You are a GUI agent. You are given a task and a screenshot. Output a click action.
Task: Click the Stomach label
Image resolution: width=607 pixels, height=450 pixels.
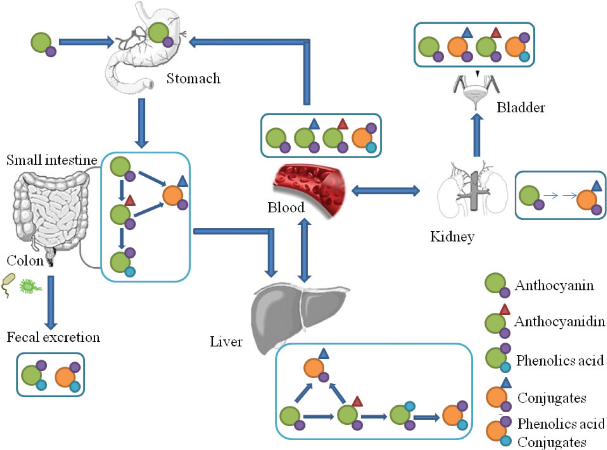tap(193, 78)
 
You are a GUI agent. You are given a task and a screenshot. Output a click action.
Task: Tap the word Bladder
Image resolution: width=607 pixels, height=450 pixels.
tap(521, 108)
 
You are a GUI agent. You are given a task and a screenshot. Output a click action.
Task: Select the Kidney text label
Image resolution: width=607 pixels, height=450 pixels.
tap(452, 236)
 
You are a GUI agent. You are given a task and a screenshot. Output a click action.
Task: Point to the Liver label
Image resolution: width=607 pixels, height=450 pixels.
tap(226, 342)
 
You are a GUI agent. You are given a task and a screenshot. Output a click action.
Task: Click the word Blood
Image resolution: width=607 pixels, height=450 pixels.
tap(286, 208)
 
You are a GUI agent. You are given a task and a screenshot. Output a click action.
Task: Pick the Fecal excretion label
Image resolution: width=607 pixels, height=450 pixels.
tap(53, 337)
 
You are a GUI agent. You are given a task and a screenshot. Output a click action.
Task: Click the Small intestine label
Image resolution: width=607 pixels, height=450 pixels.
tap(51, 160)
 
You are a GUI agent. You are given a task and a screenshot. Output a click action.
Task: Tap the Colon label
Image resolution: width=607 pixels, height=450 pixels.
tap(25, 260)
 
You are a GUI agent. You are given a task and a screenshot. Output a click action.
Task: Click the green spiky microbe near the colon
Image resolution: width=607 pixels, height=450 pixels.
tap(30, 286)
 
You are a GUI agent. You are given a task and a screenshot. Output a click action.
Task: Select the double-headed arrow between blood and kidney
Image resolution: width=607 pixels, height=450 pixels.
tap(385, 190)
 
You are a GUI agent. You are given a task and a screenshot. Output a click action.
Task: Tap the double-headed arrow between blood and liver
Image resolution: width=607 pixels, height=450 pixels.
tap(304, 250)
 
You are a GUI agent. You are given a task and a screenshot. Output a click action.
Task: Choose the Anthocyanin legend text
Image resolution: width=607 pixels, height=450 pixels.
tap(554, 285)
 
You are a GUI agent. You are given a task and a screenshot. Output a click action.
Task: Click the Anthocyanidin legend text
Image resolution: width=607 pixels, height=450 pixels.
tap(559, 321)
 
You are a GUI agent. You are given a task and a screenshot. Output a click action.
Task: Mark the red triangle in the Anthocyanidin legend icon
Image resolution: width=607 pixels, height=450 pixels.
tap(504, 309)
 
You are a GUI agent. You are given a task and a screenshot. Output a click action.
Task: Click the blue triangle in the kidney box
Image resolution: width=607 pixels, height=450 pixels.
tap(596, 187)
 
